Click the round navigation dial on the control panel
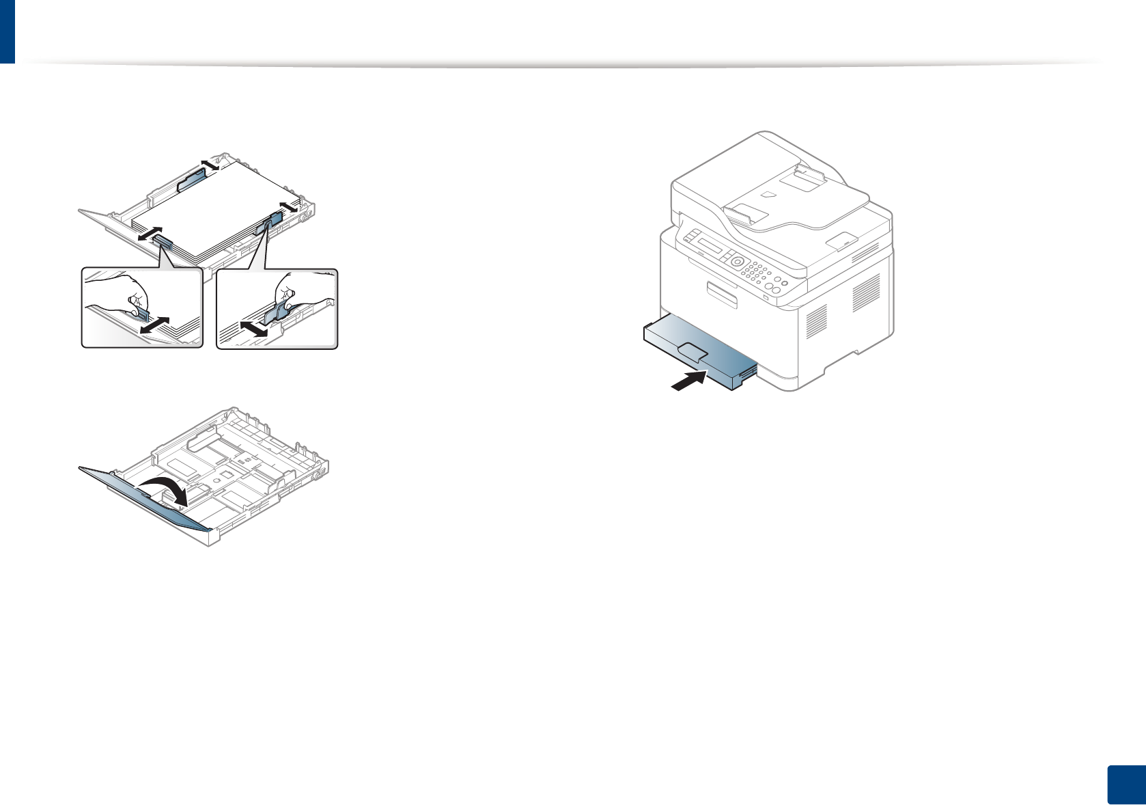pyautogui.click(x=737, y=261)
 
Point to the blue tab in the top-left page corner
pyautogui.click(x=7, y=31)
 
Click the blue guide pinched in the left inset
pyautogui.click(x=142, y=314)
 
